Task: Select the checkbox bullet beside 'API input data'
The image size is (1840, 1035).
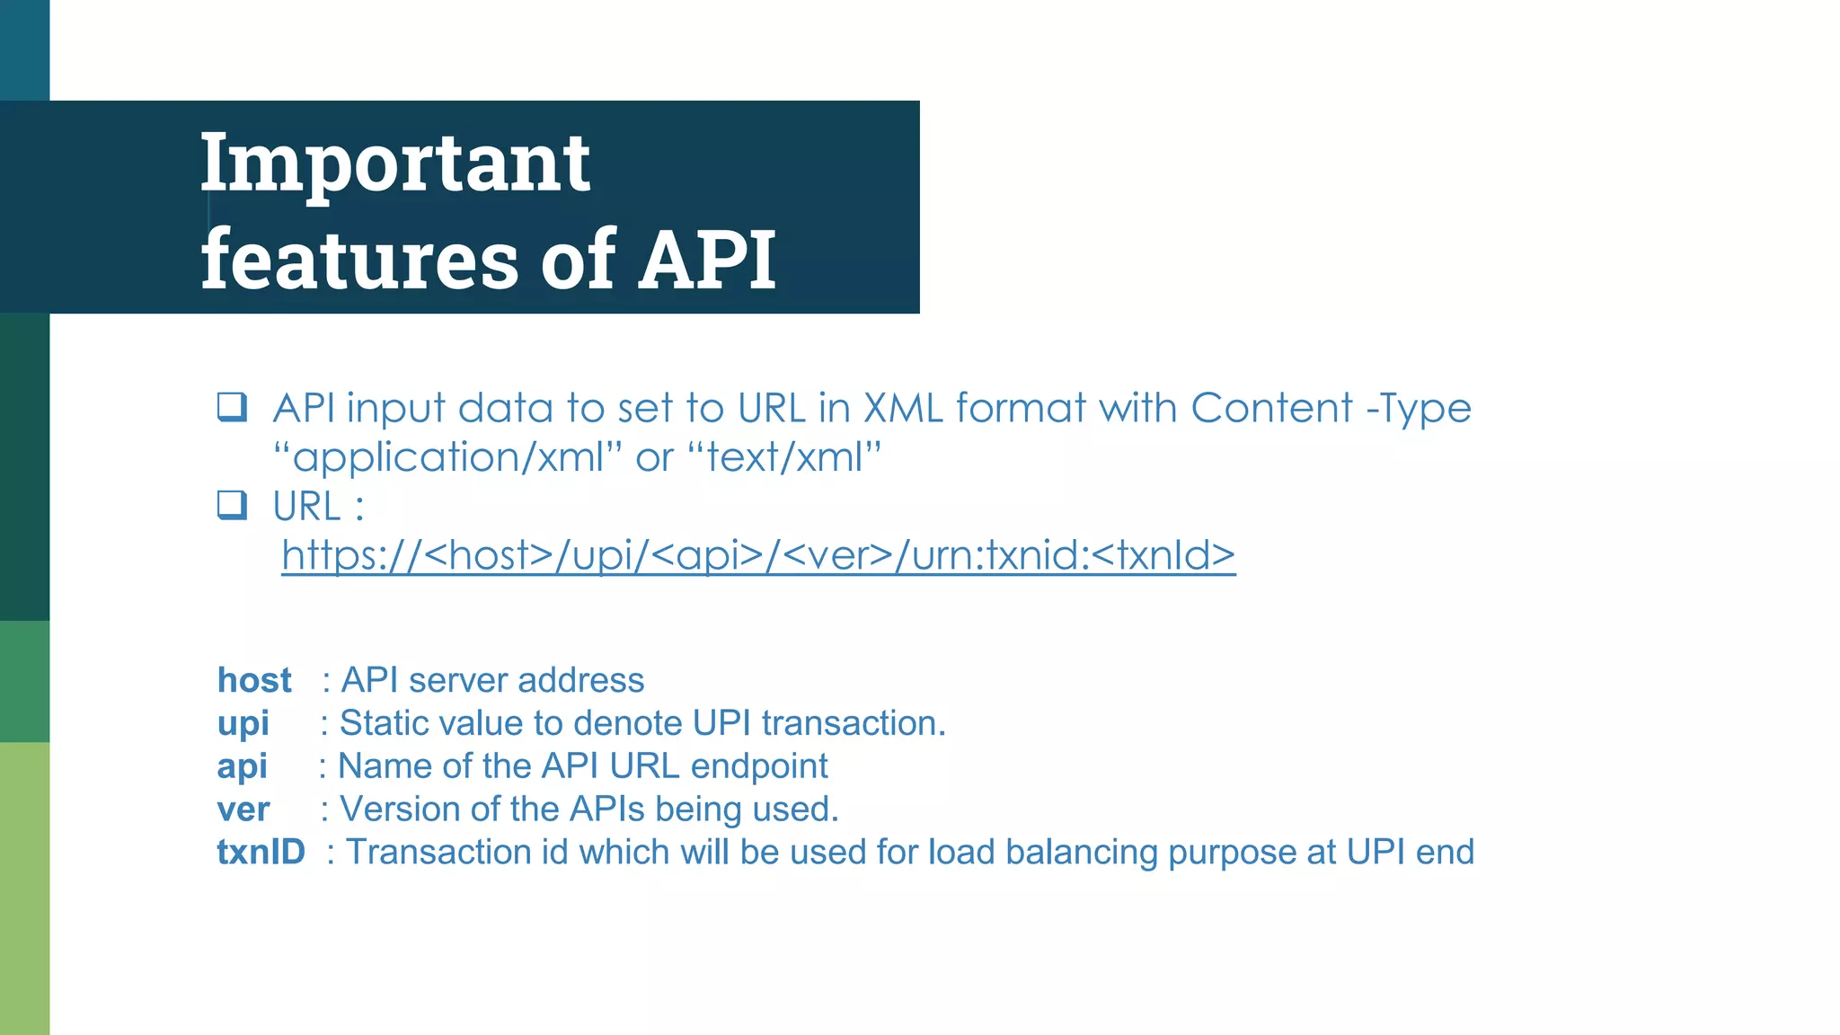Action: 232,407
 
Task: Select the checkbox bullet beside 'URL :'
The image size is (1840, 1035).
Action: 232,505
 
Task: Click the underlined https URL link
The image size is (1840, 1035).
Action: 758,555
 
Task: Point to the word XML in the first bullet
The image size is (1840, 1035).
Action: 903,408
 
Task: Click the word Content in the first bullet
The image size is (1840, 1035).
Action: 1271,408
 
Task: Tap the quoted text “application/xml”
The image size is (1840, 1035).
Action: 448,457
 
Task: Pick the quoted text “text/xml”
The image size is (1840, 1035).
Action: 784,457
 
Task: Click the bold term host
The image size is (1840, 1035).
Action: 254,680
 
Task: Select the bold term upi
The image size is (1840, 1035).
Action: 243,724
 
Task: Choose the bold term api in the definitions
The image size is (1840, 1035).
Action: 242,766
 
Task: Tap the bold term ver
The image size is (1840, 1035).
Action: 243,809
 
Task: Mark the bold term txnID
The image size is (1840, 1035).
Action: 261,852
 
